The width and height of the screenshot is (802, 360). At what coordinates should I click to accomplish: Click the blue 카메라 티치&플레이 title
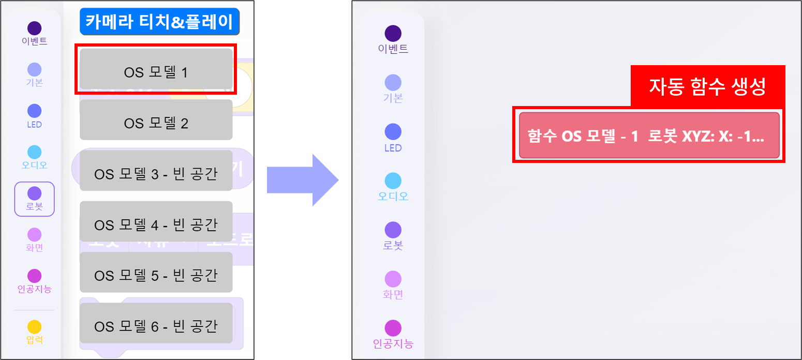coord(159,21)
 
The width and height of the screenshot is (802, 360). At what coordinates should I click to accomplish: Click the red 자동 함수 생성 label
coord(707,86)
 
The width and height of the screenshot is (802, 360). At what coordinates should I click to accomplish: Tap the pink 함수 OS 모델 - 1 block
coord(649,136)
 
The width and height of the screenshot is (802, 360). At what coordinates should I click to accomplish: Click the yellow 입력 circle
coord(34,327)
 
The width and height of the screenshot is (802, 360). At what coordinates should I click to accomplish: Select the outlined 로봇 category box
coord(34,199)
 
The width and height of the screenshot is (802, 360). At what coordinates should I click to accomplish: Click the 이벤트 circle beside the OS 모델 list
coord(34,28)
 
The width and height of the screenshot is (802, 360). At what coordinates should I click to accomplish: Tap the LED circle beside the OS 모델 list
coord(34,111)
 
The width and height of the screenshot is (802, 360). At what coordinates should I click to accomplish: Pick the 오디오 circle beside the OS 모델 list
coord(34,152)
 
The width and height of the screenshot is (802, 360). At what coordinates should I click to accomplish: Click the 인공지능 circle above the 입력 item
coord(34,276)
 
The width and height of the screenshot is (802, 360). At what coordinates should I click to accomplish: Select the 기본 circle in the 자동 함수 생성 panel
coord(393,83)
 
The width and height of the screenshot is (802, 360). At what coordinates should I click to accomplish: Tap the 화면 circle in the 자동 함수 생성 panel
coord(393,279)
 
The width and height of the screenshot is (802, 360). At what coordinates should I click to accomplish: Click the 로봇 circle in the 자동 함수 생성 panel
coord(393,230)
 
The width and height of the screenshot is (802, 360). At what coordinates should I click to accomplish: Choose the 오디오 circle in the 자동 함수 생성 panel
coord(393,181)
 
